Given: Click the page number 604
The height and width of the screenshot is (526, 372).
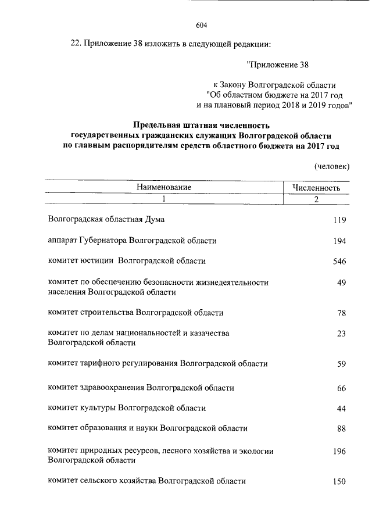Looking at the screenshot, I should (202, 25).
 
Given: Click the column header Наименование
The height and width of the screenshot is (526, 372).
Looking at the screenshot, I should (164, 188).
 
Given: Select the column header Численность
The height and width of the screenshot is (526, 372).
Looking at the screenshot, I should (316, 188).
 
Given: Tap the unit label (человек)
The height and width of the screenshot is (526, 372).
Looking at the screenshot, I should (332, 167).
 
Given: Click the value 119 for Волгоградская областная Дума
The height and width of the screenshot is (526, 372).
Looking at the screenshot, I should (339, 220).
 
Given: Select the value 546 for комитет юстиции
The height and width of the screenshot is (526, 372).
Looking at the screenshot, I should (339, 262).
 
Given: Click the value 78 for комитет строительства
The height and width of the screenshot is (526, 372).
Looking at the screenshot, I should (341, 313).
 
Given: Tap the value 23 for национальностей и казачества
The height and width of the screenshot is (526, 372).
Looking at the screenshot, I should (341, 334).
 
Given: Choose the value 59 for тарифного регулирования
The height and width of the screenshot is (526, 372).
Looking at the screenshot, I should (341, 364).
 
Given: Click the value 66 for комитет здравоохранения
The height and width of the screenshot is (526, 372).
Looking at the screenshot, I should (341, 388).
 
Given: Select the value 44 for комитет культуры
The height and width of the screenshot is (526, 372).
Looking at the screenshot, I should (341, 409).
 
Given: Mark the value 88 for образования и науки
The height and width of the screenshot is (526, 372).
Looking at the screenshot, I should (341, 430).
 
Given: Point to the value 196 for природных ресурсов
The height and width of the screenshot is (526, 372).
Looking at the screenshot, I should (339, 450).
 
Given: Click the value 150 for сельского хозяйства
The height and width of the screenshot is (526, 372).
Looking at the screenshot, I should (339, 482).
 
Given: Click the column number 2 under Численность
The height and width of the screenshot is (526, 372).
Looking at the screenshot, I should (316, 199).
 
